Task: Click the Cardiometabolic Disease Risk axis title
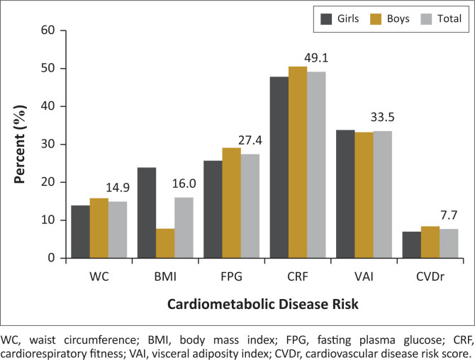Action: (x=262, y=305)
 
